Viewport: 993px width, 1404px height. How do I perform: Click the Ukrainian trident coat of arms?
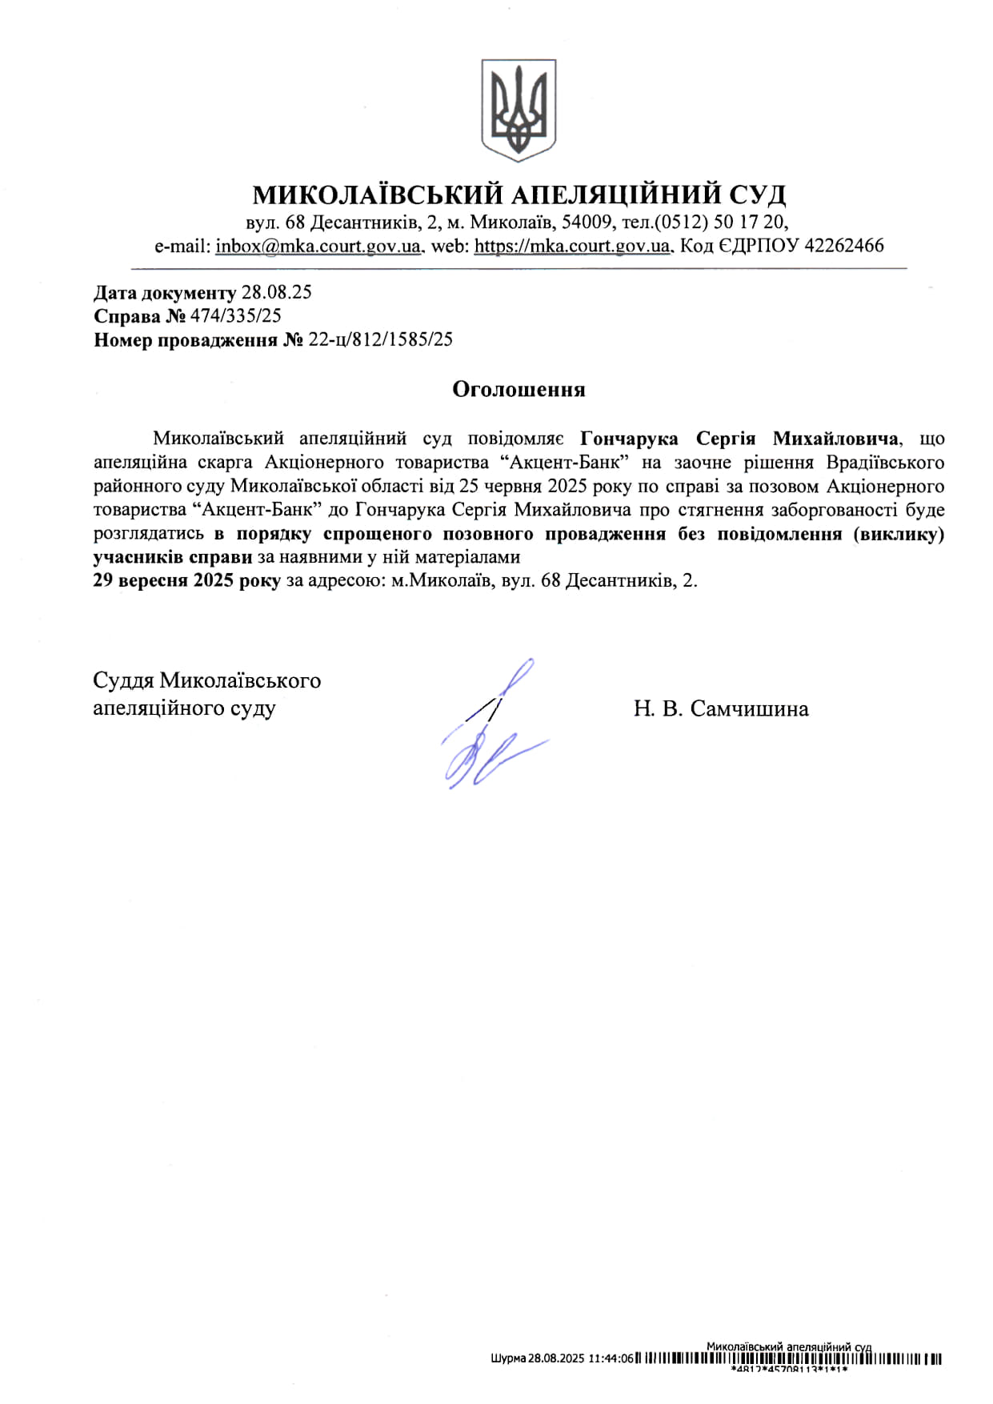pos(519,110)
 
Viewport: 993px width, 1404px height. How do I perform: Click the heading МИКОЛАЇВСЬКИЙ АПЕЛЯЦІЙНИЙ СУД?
pos(519,195)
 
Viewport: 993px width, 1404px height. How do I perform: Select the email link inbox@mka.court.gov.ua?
pos(318,246)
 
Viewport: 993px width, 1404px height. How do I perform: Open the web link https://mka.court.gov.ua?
pos(571,246)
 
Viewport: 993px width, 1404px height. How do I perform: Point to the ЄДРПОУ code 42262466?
pos(843,246)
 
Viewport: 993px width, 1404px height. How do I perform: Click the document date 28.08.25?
pos(276,292)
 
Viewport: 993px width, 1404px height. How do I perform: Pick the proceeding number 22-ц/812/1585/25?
pos(380,339)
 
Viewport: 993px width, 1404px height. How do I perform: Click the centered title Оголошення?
pos(519,390)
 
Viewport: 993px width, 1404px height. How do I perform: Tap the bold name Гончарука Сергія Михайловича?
pos(739,439)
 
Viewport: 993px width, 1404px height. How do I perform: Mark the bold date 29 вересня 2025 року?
pos(186,580)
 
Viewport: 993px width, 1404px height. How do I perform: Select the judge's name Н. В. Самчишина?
pos(720,708)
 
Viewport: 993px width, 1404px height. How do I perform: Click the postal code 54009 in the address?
pos(588,222)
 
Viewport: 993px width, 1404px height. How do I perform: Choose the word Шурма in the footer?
pos(507,1358)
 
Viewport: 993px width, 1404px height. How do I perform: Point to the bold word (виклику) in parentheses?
pos(899,534)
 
